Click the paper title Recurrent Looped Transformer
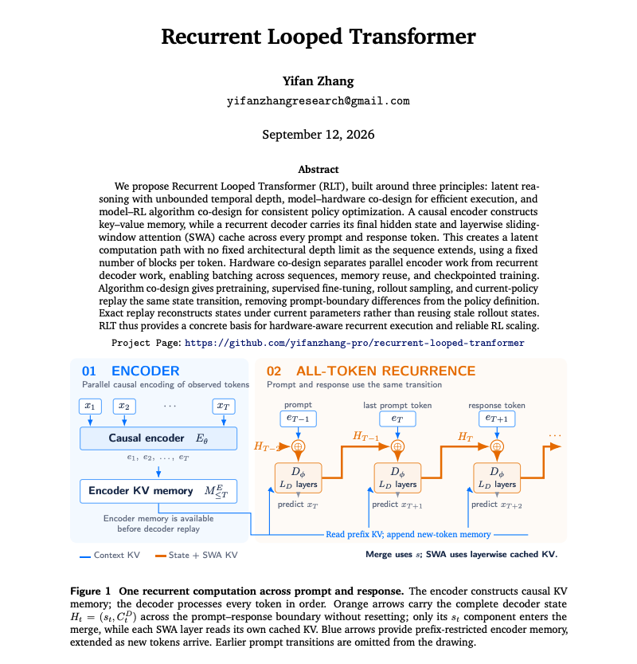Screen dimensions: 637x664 coord(318,37)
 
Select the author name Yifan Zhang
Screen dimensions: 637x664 coord(318,81)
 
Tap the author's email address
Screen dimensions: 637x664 coord(318,100)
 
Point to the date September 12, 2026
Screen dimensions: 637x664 coord(318,134)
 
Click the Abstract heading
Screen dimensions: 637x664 coord(318,169)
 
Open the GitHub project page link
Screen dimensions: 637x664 coord(354,343)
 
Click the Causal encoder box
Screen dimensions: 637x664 coord(158,438)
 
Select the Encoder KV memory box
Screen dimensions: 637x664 coord(158,491)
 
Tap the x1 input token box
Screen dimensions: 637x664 coord(90,406)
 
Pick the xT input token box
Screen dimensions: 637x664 coord(223,406)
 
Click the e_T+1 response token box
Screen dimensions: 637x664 coord(497,418)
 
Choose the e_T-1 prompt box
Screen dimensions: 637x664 coord(299,418)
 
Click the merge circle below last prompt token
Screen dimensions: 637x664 coord(397,446)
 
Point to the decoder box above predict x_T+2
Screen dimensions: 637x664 coord(497,477)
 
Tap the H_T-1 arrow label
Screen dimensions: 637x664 coord(365,436)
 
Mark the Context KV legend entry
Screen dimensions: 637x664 coord(110,555)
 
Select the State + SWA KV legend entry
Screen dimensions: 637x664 coord(196,555)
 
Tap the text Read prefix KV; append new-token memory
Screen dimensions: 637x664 coord(408,534)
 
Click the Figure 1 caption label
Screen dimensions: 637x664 coord(91,591)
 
